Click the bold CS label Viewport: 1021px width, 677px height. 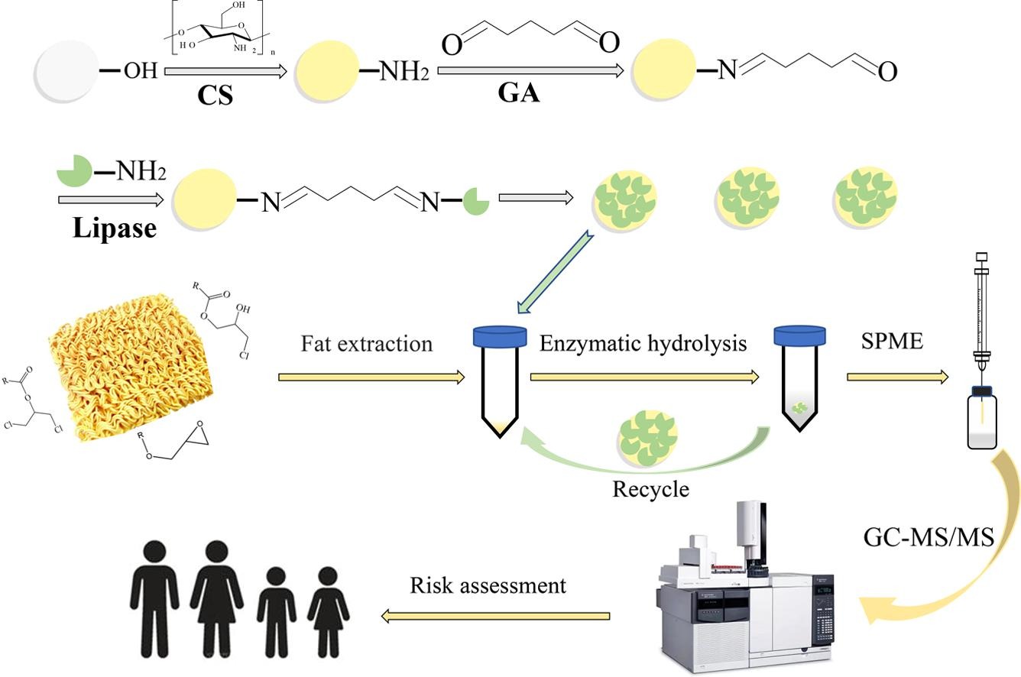point(216,96)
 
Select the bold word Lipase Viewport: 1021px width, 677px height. point(115,227)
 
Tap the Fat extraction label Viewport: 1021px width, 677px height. point(367,344)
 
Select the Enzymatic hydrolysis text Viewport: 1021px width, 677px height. point(643,343)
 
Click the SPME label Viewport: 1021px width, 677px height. point(892,341)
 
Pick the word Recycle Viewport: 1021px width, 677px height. point(650,488)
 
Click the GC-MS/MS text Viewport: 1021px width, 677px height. point(929,538)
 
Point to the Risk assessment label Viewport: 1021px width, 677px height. point(488,585)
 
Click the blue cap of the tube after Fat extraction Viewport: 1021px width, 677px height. point(500,336)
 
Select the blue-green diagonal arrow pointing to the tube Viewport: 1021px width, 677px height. point(554,272)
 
